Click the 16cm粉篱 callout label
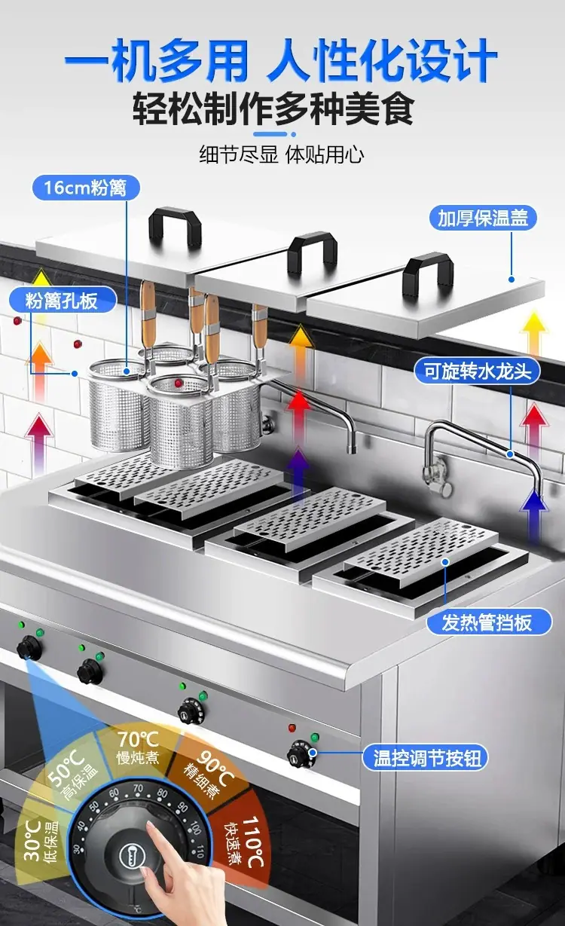pyautogui.click(x=86, y=188)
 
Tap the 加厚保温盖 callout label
pyautogui.click(x=482, y=219)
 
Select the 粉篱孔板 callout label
pyautogui.click(x=62, y=300)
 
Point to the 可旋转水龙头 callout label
pyautogui.click(x=478, y=371)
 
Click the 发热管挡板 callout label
pyautogui.click(x=489, y=622)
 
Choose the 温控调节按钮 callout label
pyautogui.click(x=426, y=758)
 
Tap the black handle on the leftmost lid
pyautogui.click(x=175, y=226)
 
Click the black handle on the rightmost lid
pyautogui.click(x=428, y=274)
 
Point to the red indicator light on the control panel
pyautogui.click(x=292, y=728)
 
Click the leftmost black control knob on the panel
pyautogui.click(x=29, y=648)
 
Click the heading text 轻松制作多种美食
pyautogui.click(x=273, y=109)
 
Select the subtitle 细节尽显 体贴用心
pyautogui.click(x=282, y=155)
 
